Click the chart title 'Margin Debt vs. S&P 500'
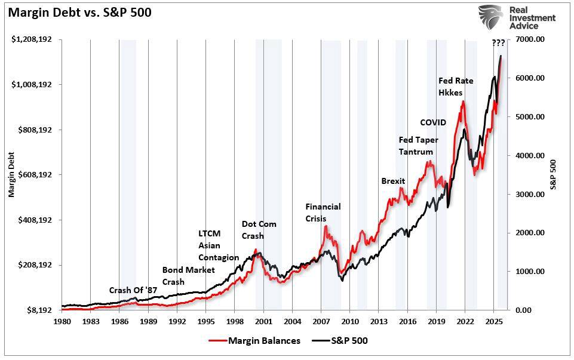click(79, 12)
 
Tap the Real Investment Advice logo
click(518, 17)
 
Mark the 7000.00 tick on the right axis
click(530, 39)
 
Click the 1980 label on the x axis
click(62, 322)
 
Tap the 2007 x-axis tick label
click(321, 322)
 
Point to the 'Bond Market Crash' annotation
click(188, 276)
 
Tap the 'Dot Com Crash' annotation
click(259, 230)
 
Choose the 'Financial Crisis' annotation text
click(323, 213)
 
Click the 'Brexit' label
click(393, 181)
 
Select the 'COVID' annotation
click(433, 122)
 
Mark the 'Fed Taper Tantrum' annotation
click(418, 146)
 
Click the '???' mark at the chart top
click(498, 43)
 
